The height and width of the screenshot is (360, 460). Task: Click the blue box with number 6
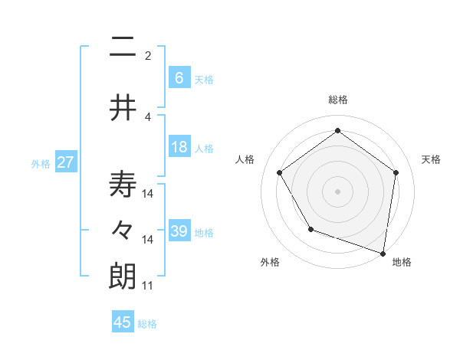point(179,78)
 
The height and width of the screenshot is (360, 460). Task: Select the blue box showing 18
point(179,147)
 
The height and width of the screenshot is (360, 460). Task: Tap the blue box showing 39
point(179,231)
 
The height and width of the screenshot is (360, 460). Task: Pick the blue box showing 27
point(65,162)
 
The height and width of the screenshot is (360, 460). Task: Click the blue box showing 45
point(123,322)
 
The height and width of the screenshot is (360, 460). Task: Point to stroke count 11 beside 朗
point(148,286)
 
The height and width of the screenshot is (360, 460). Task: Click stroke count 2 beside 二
point(148,55)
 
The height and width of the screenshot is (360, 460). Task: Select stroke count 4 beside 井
point(148,116)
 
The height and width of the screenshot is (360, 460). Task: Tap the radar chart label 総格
point(337,100)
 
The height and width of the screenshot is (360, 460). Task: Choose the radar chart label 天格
point(431,159)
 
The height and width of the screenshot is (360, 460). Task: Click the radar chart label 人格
point(245,159)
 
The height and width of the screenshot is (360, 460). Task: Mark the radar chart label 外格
point(270,262)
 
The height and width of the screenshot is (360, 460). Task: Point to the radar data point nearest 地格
point(383,252)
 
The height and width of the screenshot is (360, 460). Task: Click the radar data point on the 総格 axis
point(337,130)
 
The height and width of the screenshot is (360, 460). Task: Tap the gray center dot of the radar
point(337,191)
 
